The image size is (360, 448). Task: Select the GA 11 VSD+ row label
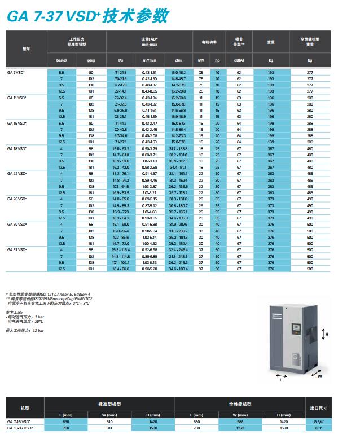pyautogui.click(x=16, y=98)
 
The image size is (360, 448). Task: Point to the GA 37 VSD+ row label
pyautogui.click(x=16, y=249)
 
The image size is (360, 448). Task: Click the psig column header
pyautogui.click(x=91, y=60)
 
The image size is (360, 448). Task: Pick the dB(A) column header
pyautogui.click(x=239, y=60)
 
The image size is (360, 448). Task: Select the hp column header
pyautogui.click(x=217, y=60)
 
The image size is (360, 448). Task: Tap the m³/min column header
pyautogui.click(x=149, y=60)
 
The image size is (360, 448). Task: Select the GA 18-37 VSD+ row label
pyautogui.click(x=20, y=427)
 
